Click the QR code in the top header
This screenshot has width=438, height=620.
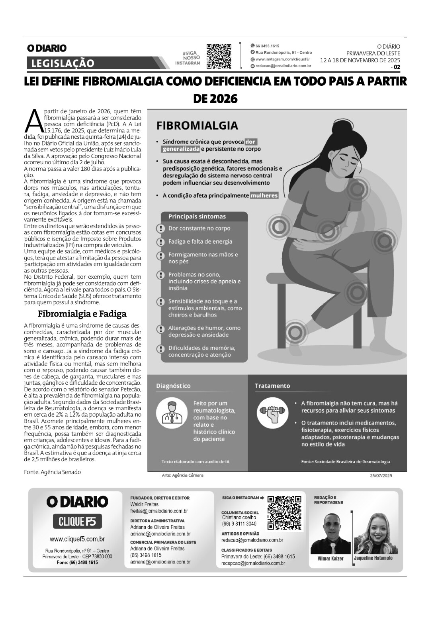pos(219,56)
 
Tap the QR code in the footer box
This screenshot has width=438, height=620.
pos(284,512)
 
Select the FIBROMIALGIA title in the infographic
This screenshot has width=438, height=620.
pos(197,126)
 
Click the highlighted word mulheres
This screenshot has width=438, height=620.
pos(264,196)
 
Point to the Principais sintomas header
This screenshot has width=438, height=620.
pos(197,217)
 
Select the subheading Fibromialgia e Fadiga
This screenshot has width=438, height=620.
pos(82,313)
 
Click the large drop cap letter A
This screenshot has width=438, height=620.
pos(33,120)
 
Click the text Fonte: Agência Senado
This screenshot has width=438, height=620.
pos(52,472)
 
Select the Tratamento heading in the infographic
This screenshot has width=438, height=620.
pos(272,386)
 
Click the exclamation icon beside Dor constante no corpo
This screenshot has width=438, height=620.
pos(160,229)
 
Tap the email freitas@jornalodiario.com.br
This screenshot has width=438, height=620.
pos(159,511)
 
